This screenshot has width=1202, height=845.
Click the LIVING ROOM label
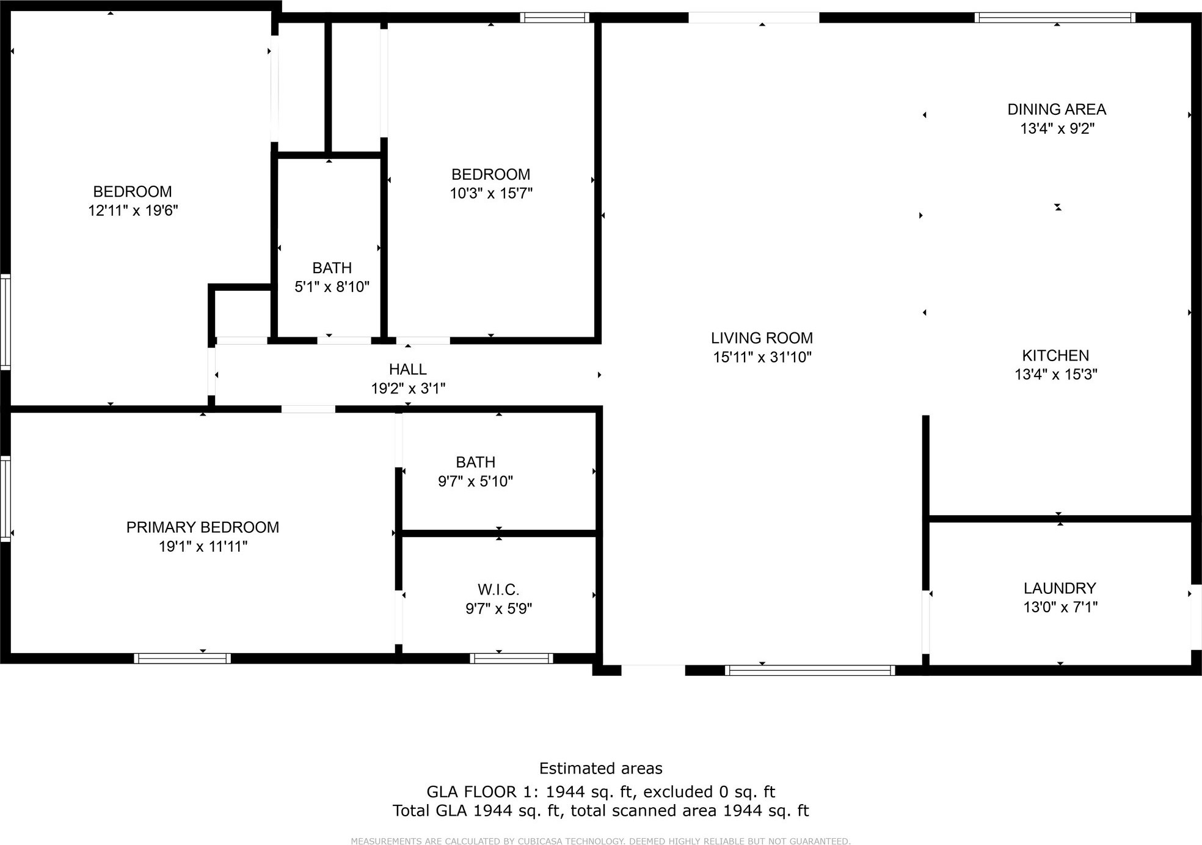(x=762, y=338)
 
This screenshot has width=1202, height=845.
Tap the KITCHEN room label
(x=1055, y=356)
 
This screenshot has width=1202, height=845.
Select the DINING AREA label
(x=1057, y=109)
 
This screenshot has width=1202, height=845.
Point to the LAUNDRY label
(x=1060, y=588)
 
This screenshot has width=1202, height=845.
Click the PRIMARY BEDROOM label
(x=202, y=527)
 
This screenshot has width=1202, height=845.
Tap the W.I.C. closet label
(x=498, y=590)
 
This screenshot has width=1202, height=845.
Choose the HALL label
(x=407, y=369)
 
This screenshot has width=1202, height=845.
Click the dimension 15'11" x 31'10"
(x=762, y=357)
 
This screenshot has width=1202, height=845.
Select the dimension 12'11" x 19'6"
(x=133, y=211)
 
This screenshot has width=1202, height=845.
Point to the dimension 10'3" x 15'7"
(x=491, y=194)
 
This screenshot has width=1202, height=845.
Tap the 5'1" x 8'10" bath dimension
(x=332, y=287)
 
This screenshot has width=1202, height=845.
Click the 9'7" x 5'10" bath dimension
(x=475, y=481)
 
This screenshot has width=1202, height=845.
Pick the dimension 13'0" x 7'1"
(x=1060, y=607)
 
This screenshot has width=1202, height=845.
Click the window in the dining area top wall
(x=1055, y=18)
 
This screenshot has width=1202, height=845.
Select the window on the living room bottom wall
(x=810, y=670)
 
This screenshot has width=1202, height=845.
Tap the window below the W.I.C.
(x=511, y=658)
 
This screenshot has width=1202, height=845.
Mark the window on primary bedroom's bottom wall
(x=182, y=658)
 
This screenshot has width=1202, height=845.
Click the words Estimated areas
(x=600, y=768)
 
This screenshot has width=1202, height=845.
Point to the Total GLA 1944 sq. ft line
(x=600, y=811)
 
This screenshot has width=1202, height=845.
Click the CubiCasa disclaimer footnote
(x=600, y=841)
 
